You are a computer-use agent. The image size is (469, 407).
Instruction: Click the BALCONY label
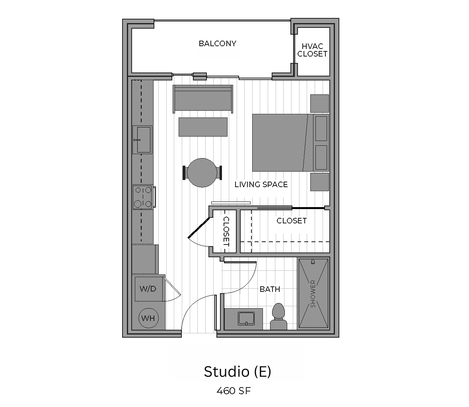coord(218,44)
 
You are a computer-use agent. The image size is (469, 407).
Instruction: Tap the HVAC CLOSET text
coord(312,50)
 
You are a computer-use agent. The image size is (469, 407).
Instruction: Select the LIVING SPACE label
coord(261,184)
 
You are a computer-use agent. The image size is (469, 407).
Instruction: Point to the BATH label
coord(270,289)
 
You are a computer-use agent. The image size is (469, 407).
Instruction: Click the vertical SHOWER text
coord(313,294)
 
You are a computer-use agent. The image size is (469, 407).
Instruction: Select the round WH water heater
coord(148,318)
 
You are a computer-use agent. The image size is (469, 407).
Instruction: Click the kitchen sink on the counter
coord(143,140)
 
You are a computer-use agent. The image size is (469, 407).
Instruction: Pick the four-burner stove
coord(143,197)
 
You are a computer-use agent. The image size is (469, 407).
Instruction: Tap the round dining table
coord(202,173)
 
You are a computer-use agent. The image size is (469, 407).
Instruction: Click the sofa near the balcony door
coord(203,99)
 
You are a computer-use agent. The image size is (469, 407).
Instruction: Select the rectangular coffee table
coord(203,127)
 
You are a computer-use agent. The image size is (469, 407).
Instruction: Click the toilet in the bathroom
coord(278,317)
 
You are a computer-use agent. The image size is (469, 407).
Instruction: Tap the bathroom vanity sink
coord(246,319)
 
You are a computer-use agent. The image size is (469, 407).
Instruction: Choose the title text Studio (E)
coord(237,372)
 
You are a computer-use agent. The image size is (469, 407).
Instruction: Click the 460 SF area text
coord(234,391)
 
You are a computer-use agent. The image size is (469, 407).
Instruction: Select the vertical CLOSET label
coord(226,231)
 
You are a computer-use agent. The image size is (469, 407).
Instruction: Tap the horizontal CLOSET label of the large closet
coord(292,221)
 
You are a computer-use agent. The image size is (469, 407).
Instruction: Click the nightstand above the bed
coord(319,104)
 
